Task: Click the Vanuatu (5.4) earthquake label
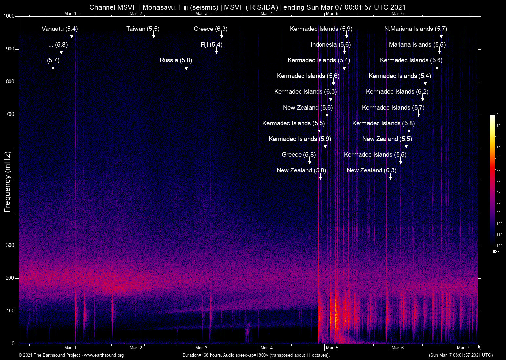[60, 29]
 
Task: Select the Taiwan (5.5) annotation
[143, 29]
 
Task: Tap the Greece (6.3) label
[210, 29]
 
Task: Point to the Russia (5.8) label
[176, 60]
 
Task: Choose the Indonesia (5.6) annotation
[330, 45]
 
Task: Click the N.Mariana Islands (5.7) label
[416, 29]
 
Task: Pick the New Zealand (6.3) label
[371, 170]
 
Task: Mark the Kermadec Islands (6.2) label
[397, 92]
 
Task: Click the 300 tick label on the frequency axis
[10, 245]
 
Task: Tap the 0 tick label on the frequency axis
[13, 344]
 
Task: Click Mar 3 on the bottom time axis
[201, 348]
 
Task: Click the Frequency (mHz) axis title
[7, 182]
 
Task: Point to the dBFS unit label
[496, 252]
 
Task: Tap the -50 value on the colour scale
[498, 170]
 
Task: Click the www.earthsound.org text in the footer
[104, 355]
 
